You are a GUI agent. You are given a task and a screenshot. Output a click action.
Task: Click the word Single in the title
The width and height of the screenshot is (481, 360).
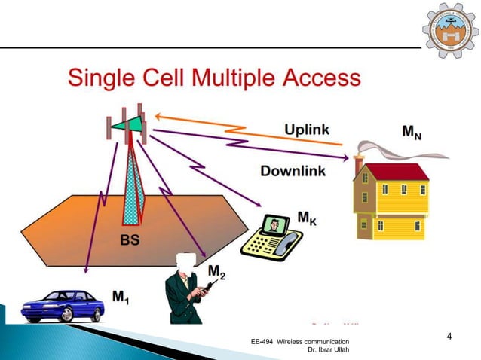point(106,78)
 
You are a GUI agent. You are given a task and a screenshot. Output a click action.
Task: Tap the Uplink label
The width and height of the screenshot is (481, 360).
point(306,130)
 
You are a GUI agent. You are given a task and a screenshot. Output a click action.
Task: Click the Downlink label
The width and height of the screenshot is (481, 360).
point(293,171)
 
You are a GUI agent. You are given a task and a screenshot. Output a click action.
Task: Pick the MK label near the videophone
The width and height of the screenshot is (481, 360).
point(307,219)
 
